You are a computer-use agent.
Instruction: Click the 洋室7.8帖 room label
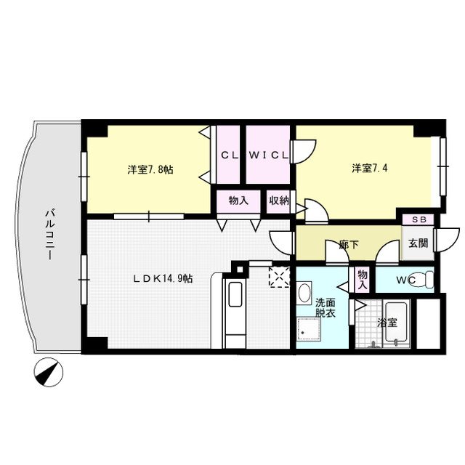point(150,169)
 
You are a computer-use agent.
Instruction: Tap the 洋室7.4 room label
point(368,169)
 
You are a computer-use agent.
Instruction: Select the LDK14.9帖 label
point(162,278)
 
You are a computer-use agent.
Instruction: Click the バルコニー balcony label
point(51,237)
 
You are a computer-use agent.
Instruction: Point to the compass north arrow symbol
point(49,373)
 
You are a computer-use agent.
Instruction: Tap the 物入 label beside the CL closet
point(238,201)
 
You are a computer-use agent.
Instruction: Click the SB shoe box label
point(419,219)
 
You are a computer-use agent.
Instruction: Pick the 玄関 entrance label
point(418,243)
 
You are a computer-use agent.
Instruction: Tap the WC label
point(406,280)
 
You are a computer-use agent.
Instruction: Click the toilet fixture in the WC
point(429,280)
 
